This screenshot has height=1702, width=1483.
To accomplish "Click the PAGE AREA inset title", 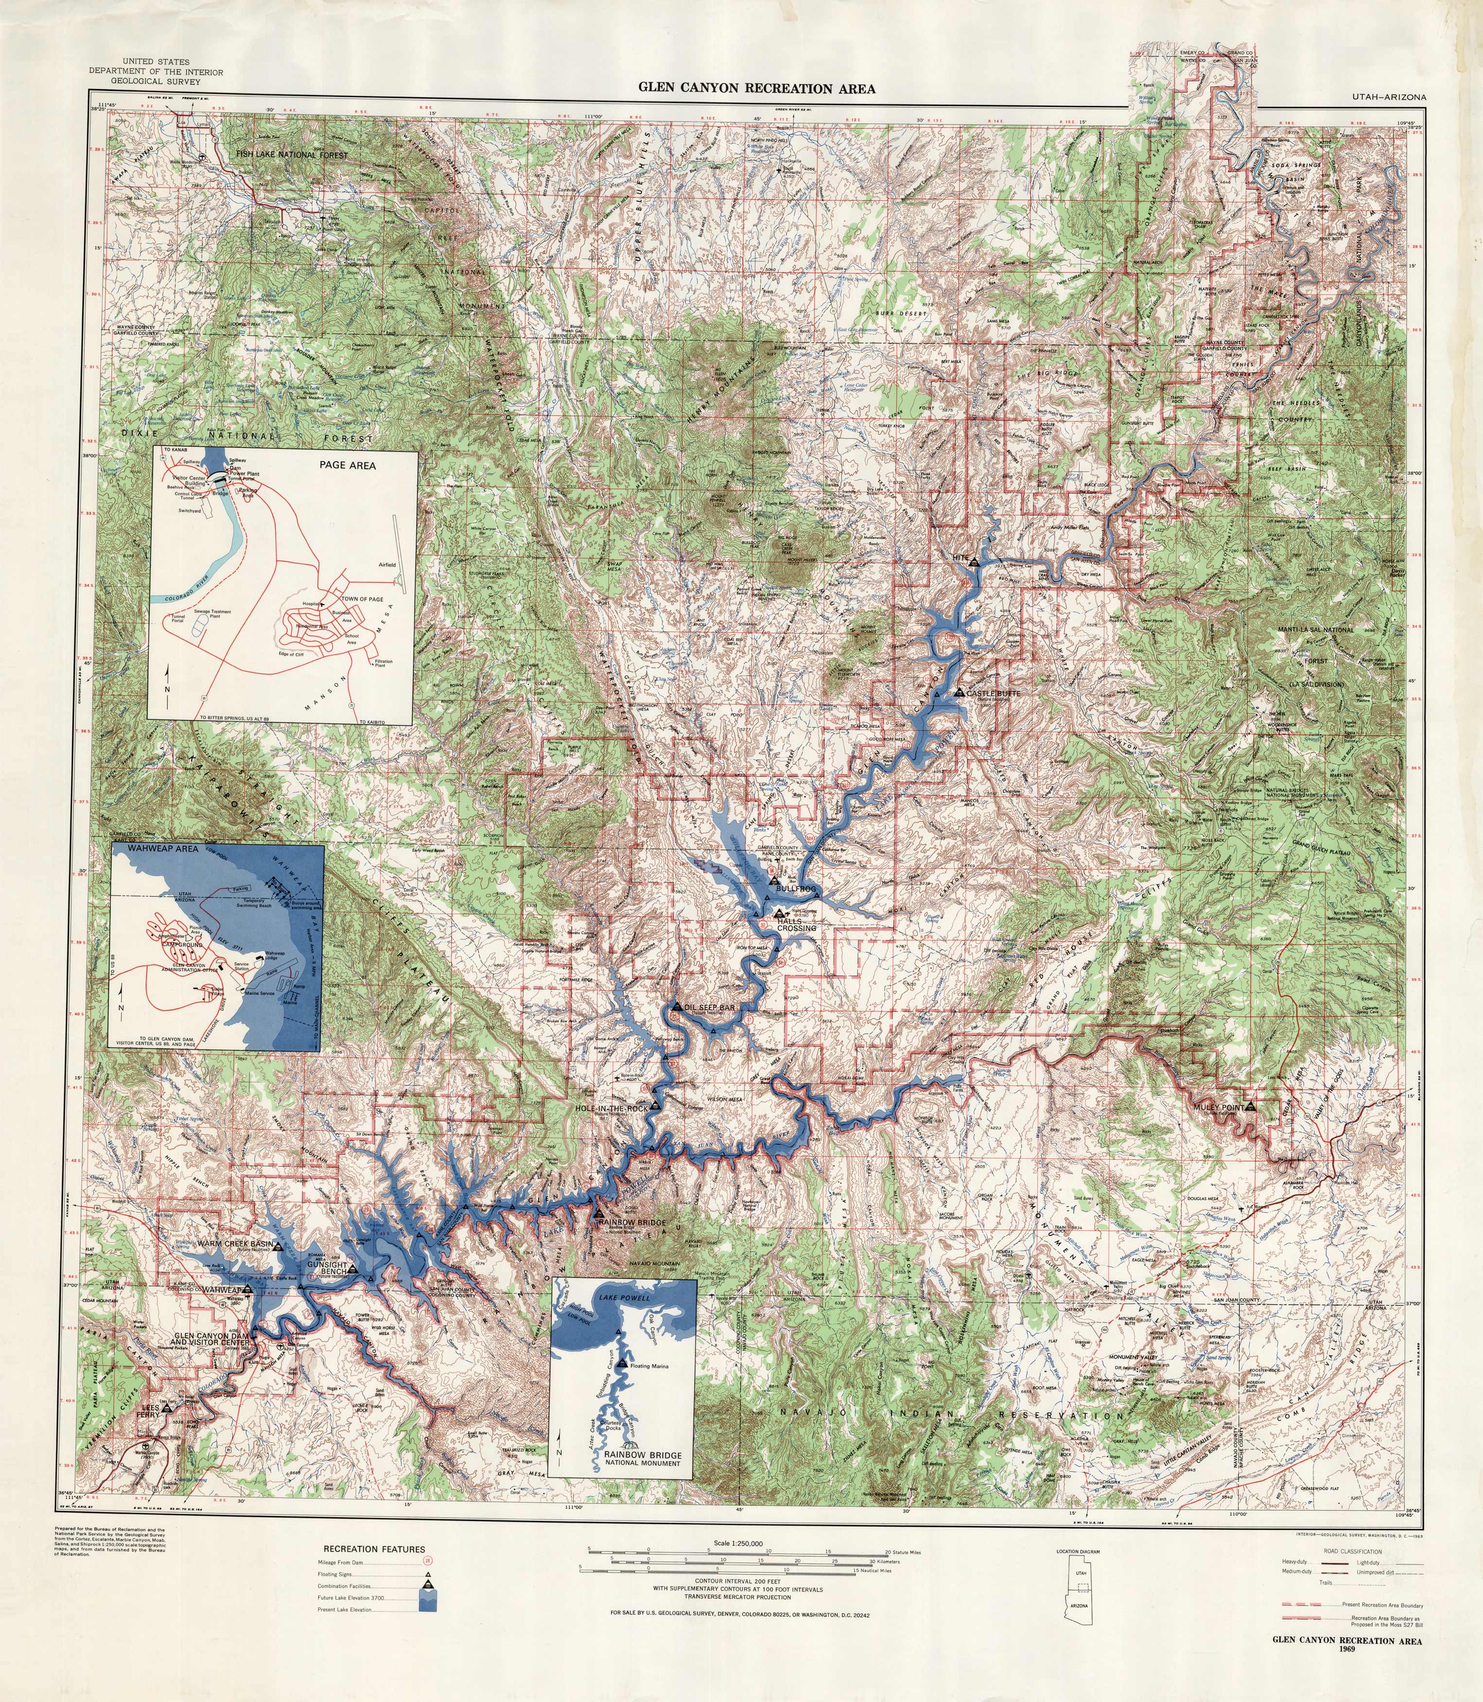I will coord(348,465).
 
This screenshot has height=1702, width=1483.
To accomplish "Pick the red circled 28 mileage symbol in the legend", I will coord(428,1561).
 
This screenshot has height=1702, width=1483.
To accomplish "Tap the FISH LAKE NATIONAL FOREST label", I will coord(291,155).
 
